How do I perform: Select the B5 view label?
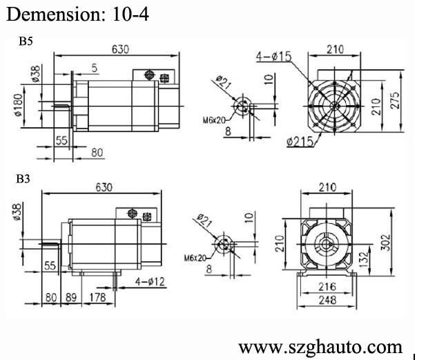coord(26,41)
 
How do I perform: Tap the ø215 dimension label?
coord(300,142)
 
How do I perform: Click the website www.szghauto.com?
coord(320,346)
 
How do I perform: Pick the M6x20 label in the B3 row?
coord(195,258)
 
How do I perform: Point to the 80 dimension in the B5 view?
coord(97,151)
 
